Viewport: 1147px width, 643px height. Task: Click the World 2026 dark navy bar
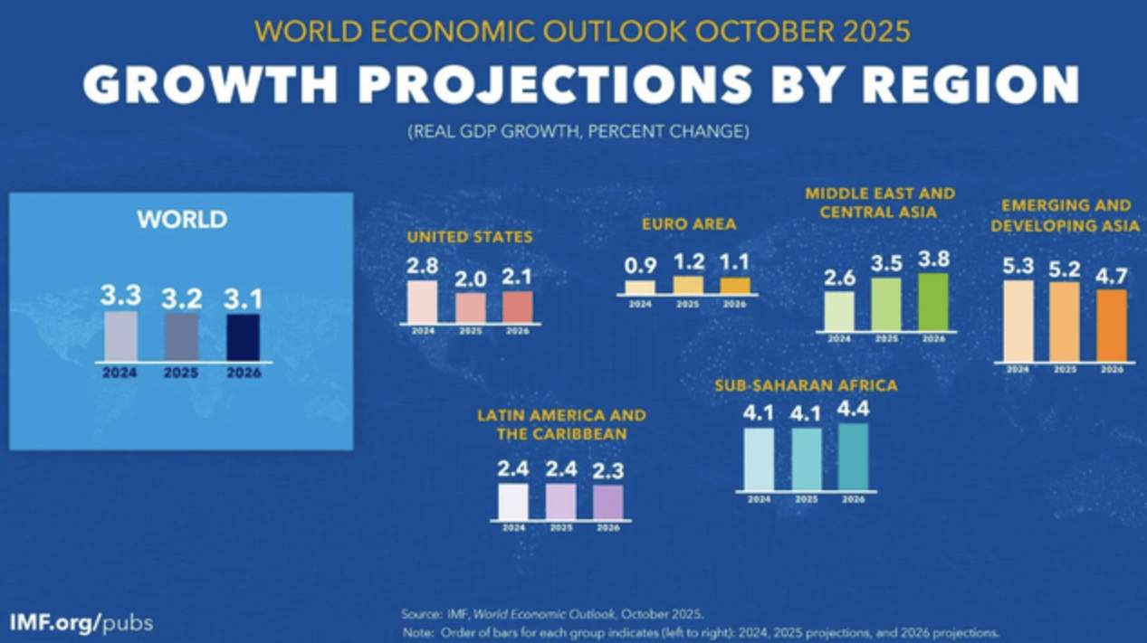243,336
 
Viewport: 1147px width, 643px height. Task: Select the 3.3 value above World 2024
120,296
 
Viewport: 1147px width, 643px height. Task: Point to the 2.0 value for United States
470,279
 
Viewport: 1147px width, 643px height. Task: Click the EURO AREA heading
689,223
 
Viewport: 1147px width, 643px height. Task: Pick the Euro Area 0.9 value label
640,267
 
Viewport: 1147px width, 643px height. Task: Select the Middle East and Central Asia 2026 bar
933,302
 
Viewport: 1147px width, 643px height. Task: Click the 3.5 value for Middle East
886,264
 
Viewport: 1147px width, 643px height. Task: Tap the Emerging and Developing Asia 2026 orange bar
1112,326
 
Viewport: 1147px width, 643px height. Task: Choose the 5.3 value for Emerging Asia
1018,267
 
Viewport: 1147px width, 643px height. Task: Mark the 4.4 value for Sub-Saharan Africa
853,409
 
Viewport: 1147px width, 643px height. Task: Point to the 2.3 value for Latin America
608,471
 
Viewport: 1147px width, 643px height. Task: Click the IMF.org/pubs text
81,623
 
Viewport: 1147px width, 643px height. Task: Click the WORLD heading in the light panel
182,219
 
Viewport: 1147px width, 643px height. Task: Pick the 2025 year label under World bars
182,372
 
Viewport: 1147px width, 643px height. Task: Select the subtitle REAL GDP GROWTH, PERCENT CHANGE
578,132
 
